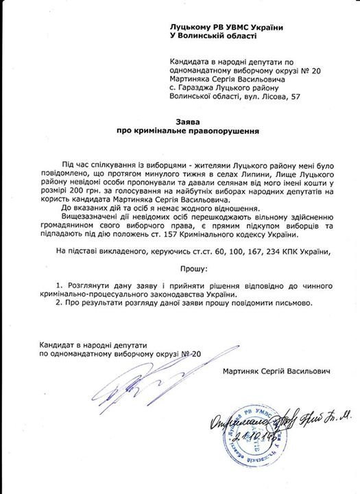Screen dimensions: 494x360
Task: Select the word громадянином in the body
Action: pos(73,226)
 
